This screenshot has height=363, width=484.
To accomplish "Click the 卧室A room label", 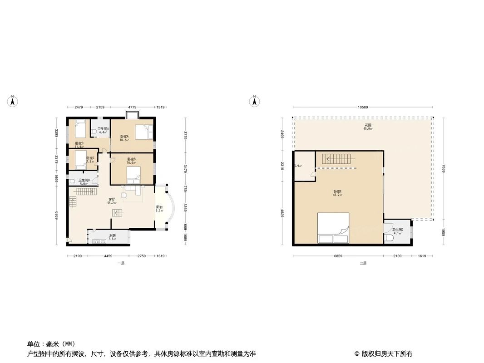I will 124,137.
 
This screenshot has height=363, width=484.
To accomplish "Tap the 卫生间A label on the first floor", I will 103,129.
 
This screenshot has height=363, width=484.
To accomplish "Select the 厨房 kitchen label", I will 112,235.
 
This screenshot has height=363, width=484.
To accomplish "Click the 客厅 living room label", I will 112,200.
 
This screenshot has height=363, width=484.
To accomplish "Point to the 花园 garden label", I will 368,125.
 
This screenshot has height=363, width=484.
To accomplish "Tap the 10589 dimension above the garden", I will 362,108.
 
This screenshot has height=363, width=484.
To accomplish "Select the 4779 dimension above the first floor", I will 132,108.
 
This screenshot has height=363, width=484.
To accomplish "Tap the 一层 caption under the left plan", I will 121,263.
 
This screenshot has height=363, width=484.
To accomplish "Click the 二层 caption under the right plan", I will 363,263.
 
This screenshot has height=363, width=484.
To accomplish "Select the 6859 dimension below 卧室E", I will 338,256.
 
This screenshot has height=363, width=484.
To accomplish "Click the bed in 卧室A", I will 145,132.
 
